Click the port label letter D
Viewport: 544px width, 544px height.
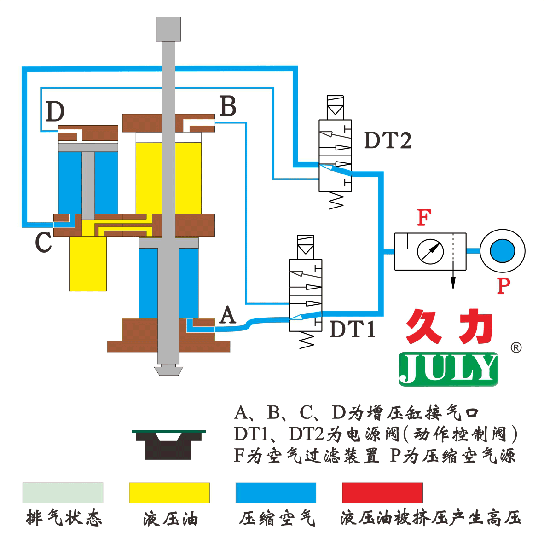point(55,111)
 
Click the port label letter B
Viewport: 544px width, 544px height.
point(228,106)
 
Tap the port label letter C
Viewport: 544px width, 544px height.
point(43,243)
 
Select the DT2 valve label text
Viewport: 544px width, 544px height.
point(388,140)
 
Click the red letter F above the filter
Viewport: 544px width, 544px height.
point(423,218)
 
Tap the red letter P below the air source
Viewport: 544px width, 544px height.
point(503,286)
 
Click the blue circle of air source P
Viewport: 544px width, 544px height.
point(502,251)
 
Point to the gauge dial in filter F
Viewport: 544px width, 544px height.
point(430,251)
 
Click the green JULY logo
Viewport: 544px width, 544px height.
point(448,369)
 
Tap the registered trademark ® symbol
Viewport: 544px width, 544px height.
point(516,348)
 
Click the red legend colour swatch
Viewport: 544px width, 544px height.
point(382,492)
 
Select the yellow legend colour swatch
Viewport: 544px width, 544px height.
point(169,492)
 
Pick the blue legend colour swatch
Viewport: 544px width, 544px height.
point(276,492)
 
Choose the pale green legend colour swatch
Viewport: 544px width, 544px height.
point(63,492)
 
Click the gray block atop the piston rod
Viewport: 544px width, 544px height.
point(168,29)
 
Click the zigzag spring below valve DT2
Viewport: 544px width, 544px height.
point(336,200)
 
